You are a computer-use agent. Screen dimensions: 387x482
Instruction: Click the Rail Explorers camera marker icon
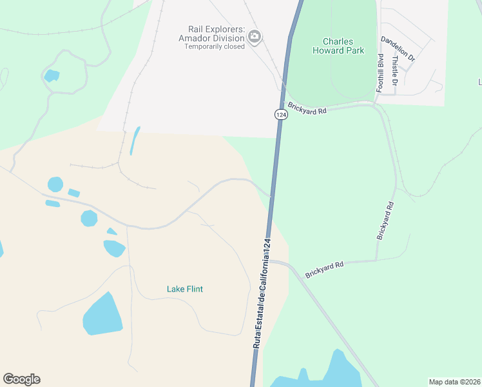(255, 36)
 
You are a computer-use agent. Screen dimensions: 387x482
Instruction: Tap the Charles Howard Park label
(338, 46)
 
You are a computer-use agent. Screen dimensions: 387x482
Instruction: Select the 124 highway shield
(280, 114)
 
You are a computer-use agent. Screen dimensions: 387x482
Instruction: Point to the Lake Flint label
(185, 289)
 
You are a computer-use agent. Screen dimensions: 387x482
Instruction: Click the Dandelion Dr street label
(398, 49)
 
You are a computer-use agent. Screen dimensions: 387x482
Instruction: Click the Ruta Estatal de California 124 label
(262, 293)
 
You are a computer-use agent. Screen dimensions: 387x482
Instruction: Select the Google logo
(21, 379)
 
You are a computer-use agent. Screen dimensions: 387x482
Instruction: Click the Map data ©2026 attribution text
(454, 382)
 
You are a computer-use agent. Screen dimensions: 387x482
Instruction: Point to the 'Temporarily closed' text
(215, 46)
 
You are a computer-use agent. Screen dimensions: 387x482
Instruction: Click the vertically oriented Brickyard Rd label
(385, 221)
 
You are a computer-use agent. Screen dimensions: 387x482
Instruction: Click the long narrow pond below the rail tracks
(134, 140)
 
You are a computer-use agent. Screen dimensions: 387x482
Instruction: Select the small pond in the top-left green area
(52, 75)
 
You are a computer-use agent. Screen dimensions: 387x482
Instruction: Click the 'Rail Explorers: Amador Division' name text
(216, 34)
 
